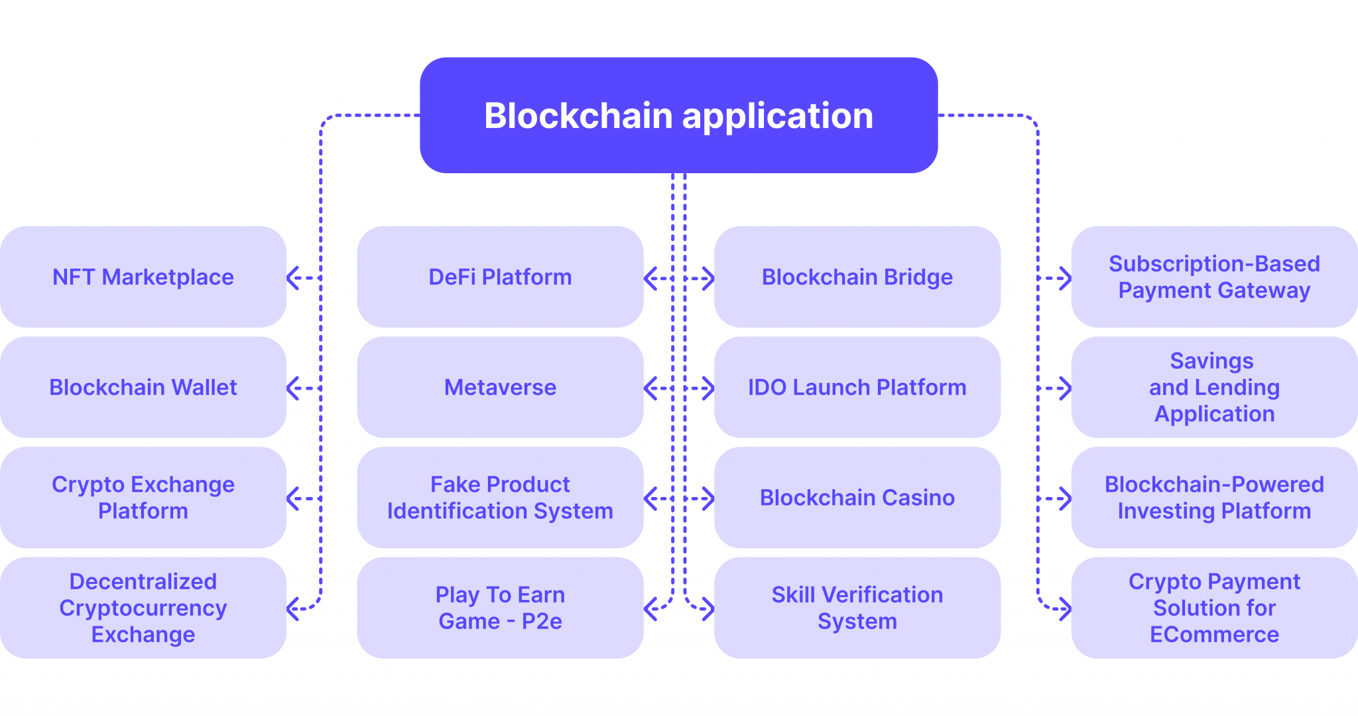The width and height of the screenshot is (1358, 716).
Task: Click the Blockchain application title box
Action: [678, 115]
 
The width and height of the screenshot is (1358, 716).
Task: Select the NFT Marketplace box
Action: [143, 277]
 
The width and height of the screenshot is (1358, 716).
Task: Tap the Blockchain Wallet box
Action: [143, 387]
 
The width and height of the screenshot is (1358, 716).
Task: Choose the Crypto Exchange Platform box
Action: [143, 497]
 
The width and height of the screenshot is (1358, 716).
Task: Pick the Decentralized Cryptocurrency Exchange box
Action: [143, 607]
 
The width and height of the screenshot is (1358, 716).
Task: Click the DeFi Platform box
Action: [500, 277]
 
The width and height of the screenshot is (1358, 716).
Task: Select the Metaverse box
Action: [500, 387]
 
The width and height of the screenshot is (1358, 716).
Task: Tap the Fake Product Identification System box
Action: [500, 497]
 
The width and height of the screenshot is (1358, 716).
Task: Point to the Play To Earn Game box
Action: [500, 607]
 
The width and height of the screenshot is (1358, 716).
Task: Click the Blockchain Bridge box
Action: [857, 277]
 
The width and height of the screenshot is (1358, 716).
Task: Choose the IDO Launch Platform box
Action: [857, 387]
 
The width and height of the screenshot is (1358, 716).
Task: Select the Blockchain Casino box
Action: [857, 497]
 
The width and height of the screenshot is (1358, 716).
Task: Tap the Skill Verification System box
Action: [857, 607]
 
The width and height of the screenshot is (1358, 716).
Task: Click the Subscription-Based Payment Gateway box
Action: [1214, 277]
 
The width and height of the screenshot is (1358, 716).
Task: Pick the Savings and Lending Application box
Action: [1214, 387]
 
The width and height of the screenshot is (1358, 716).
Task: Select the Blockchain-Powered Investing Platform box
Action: [1214, 497]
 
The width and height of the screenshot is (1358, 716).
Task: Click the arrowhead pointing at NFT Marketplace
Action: [292, 277]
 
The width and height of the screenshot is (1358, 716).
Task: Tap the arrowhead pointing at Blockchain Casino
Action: [709, 498]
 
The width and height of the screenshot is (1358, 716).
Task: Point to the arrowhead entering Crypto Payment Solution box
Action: [1066, 609]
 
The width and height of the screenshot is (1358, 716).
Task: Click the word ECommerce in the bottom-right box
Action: [1214, 634]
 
